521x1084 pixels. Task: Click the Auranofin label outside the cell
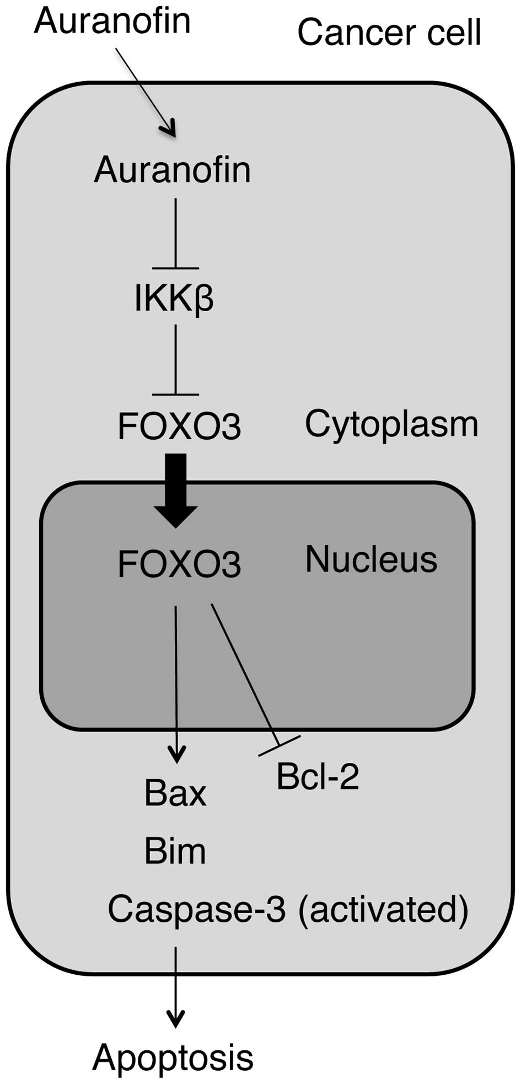pyautogui.click(x=112, y=20)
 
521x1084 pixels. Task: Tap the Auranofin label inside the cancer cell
pyautogui.click(x=173, y=169)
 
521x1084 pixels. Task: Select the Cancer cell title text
pyautogui.click(x=389, y=32)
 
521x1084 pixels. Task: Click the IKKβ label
pyautogui.click(x=174, y=298)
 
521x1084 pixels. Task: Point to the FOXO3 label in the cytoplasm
pyautogui.click(x=179, y=426)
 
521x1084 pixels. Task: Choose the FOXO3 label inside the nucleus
pyautogui.click(x=179, y=564)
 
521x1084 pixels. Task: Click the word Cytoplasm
pyautogui.click(x=391, y=424)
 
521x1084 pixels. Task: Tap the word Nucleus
pyautogui.click(x=371, y=559)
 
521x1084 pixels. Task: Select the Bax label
pyautogui.click(x=175, y=793)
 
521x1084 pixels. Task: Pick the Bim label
pyautogui.click(x=175, y=851)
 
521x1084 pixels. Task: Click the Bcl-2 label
pyautogui.click(x=318, y=776)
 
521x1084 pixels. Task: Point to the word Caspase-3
pyautogui.click(x=197, y=909)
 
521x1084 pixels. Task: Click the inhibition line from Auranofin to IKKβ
pyautogui.click(x=175, y=234)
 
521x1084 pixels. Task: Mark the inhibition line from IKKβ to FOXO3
pyautogui.click(x=175, y=360)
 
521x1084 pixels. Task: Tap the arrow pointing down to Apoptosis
pyautogui.click(x=176, y=987)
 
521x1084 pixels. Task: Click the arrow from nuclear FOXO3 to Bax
pyautogui.click(x=176, y=684)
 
